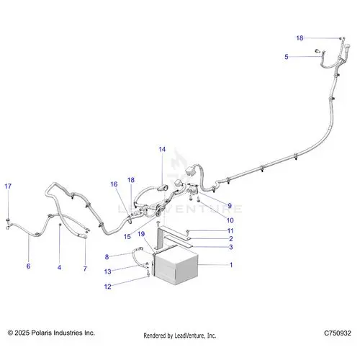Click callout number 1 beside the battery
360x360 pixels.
pyautogui.click(x=231, y=265)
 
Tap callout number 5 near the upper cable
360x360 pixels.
pyautogui.click(x=287, y=57)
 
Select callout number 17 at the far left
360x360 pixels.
pyautogui.click(x=8, y=186)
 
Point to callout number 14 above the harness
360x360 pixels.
pyautogui.click(x=162, y=149)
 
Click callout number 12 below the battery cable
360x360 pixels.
pyautogui.click(x=108, y=287)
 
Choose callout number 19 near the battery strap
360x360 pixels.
pyautogui.click(x=141, y=234)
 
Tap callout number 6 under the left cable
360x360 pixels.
pyautogui.click(x=28, y=266)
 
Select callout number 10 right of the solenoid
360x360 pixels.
pyautogui.click(x=230, y=220)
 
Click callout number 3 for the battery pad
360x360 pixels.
pyautogui.click(x=231, y=247)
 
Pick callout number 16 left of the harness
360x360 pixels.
pyautogui.click(x=114, y=184)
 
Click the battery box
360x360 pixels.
pyautogui.click(x=176, y=266)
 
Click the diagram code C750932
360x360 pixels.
pyautogui.click(x=338, y=333)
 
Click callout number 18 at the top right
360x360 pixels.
pyautogui.click(x=300, y=38)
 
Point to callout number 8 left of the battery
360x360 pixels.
pyautogui.click(x=107, y=257)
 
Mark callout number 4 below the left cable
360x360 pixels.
pyautogui.click(x=59, y=267)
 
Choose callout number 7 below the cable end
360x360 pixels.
pyautogui.click(x=85, y=269)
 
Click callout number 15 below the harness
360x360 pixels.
pyautogui.click(x=127, y=237)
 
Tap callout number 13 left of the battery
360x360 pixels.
pyautogui.click(x=108, y=271)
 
